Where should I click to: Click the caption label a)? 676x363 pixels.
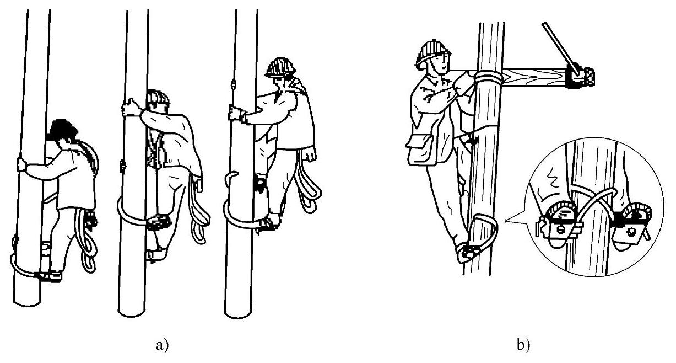point(162,345)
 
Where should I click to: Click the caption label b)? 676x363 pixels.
point(523,345)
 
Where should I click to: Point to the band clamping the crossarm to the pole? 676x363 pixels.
point(488,77)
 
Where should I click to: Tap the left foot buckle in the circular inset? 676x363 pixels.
point(560,223)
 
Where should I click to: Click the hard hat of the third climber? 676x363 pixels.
point(279,67)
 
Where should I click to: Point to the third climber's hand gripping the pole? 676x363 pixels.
point(237,113)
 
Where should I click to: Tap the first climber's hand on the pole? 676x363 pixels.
point(23,165)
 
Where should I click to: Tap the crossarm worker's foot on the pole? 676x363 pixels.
point(466,252)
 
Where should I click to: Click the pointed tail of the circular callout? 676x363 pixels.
point(507,221)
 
